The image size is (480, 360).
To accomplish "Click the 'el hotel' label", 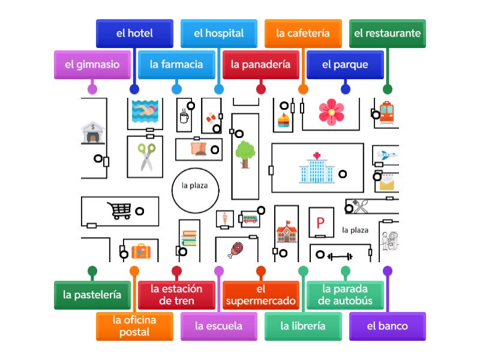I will pos(134,33).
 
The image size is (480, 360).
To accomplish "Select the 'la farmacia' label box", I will pos(176,64).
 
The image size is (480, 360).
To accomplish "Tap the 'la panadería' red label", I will pos(260,64).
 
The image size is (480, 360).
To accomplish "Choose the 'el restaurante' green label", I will pos(387,33).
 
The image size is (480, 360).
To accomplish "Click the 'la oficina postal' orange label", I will pos(134,326).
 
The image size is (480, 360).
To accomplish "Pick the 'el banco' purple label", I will pos(387,326).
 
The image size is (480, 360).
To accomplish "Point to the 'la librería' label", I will pos(303,326).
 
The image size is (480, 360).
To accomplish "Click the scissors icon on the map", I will pos(146,157).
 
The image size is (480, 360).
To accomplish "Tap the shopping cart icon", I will pos(119,210).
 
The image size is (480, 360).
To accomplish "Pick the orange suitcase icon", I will pos(142,251).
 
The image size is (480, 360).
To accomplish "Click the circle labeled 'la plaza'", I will pos(194,185).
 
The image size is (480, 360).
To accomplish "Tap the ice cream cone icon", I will pos(225,218).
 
